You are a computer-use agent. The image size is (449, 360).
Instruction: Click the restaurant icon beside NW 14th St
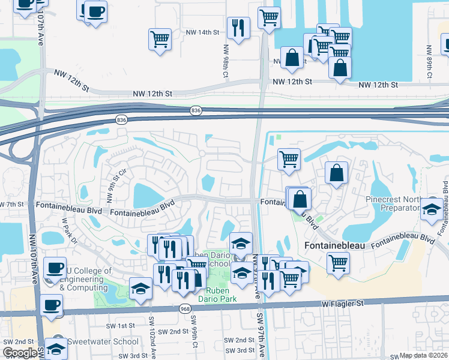(238, 28)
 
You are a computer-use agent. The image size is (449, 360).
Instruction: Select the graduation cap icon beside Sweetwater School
(56, 348)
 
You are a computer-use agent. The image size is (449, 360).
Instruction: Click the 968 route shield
(185, 308)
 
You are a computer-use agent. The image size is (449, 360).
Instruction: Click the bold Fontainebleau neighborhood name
(334, 246)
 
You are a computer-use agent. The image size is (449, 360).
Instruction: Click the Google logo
(20, 353)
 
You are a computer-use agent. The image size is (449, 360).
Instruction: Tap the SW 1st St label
(118, 326)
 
